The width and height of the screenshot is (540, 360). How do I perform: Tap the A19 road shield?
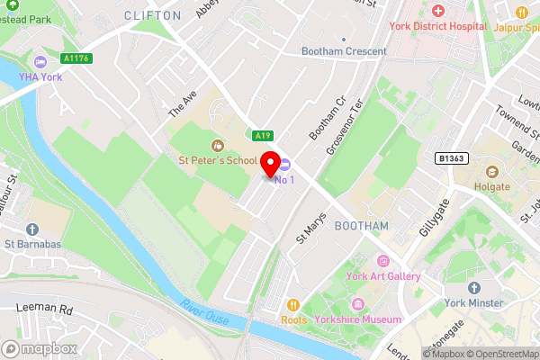point(262,136)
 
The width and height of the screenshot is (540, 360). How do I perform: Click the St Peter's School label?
point(217,160)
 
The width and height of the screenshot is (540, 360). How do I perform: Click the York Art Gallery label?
point(384,276)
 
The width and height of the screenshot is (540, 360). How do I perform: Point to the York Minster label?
point(473,304)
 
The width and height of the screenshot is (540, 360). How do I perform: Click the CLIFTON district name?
point(152,15)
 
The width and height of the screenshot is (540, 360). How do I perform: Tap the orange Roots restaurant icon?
point(292,304)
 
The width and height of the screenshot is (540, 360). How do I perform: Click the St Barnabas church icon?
point(32,230)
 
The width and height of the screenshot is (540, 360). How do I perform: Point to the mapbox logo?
point(40,348)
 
